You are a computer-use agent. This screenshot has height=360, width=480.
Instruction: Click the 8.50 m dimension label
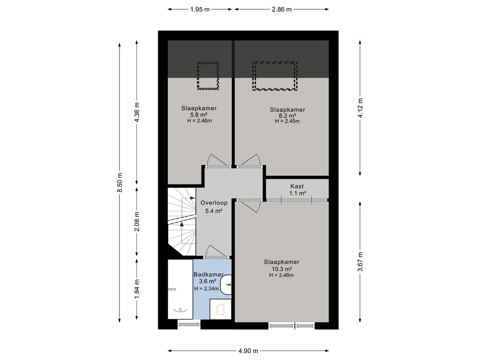tap(120, 182)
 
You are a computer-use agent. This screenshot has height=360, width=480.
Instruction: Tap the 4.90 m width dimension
tap(248, 351)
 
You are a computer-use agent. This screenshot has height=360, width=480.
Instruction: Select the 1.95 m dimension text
tap(200, 9)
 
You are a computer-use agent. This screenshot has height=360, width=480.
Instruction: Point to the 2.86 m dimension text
tap(282, 9)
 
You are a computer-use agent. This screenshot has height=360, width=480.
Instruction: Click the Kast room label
tap(297, 186)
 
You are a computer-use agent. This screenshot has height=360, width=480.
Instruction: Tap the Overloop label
tap(214, 202)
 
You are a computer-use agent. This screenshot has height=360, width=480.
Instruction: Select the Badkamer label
tap(209, 275)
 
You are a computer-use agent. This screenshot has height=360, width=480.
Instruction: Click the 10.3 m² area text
tap(282, 269)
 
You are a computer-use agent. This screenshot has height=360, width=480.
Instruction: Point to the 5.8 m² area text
tap(199, 115)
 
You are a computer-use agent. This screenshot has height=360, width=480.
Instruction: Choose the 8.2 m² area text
tap(287, 116)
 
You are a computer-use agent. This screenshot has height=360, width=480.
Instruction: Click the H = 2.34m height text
tap(206, 288)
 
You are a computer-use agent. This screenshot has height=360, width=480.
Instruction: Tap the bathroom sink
tap(226, 285)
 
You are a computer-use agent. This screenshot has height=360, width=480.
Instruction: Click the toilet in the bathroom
tap(221, 309)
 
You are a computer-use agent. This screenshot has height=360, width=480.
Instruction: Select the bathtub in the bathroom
tap(180, 289)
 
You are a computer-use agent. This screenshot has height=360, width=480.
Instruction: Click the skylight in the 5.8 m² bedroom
tap(208, 76)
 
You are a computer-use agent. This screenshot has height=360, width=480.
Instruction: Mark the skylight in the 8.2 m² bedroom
tap(275, 76)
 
